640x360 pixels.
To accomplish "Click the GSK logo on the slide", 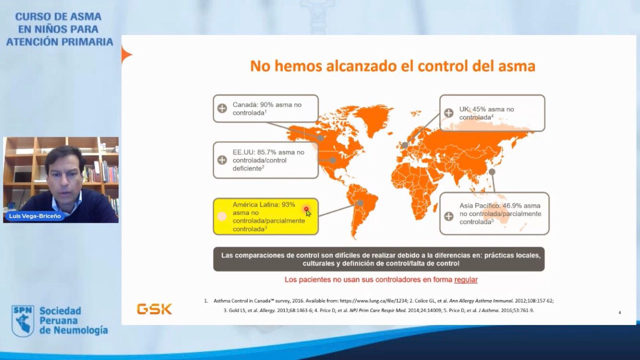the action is point(154,309).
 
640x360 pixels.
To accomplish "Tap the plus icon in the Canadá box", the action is point(222,108).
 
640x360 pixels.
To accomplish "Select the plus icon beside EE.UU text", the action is point(222,160).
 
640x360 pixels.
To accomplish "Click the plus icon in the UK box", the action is point(449,113).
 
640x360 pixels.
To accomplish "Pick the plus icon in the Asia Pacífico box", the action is point(449,216).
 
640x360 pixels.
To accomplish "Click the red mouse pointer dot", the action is point(306,209).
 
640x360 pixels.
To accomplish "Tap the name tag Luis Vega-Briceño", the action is point(35,216).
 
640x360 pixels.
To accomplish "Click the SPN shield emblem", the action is point(23,321).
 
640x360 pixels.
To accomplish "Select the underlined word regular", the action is point(466,280).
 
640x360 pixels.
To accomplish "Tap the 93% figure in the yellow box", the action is point(288,205).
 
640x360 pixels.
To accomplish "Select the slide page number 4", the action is point(619,312).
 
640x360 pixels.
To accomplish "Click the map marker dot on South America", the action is point(360,203).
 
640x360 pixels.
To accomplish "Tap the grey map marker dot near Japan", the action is point(492,172).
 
